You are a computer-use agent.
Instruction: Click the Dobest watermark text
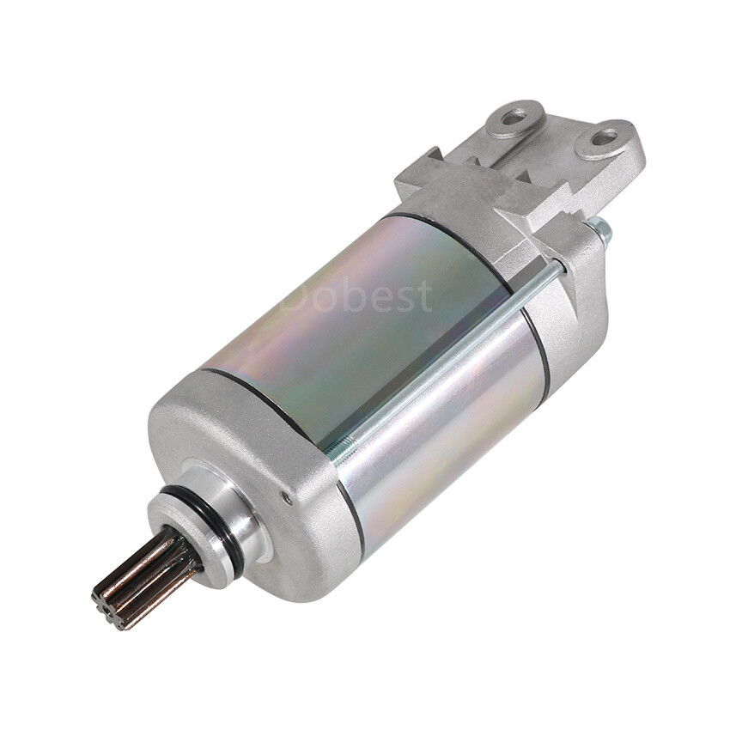pyautogui.click(x=356, y=296)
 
